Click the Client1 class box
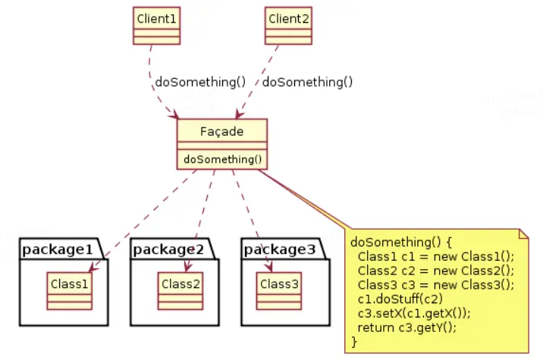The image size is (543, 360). tap(156, 26)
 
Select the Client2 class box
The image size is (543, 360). tap(288, 26)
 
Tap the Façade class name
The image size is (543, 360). tap(222, 132)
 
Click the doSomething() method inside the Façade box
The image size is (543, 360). tap(223, 160)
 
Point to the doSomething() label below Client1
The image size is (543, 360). tap(200, 82)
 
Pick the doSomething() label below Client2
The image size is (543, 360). tap(307, 82)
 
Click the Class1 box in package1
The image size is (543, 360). tap(70, 291)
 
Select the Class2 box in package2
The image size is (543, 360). tap(180, 291)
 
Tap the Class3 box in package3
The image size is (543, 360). tap(279, 291)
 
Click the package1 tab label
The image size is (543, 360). tap(58, 249)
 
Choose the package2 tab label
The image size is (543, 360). tap(168, 249)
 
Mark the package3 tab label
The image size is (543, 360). tap(280, 249)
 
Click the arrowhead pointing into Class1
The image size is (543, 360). tap(93, 268)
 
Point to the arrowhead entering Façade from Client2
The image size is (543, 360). tap(239, 114)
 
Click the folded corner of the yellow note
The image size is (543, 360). tap(523, 233)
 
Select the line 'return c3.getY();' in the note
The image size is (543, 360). tap(407, 327)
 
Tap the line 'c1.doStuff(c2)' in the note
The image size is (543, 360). tap(400, 299)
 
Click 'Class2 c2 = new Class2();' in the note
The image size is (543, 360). tap(436, 271)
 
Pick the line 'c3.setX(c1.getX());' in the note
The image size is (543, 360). tap(414, 313)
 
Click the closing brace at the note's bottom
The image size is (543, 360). tap(354, 342)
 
